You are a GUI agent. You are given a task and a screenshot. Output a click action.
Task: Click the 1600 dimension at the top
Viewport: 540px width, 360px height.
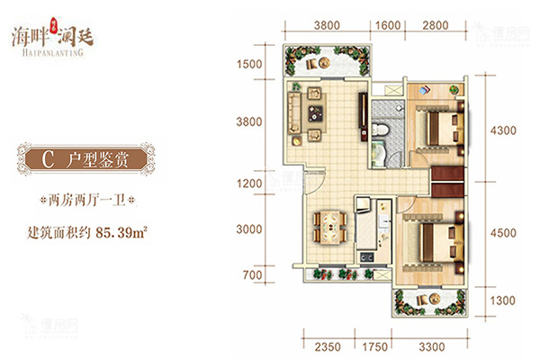coord(388,25)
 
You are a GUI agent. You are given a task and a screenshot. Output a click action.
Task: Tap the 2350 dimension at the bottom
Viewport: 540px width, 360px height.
coord(328,346)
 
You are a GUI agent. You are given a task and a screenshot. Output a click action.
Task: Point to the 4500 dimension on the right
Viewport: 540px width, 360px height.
coord(503,233)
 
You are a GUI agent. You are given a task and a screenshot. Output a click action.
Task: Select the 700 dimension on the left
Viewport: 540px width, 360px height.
coord(252,274)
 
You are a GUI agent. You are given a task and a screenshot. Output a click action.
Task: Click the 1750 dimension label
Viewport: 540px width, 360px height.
coord(374,346)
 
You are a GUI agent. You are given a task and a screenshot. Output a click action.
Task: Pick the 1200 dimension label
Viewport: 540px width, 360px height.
coord(249,184)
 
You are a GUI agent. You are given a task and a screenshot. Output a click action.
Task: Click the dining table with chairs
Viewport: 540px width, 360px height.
coord(330,228)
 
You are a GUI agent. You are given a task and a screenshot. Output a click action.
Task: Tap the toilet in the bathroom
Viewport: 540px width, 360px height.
coord(380,130)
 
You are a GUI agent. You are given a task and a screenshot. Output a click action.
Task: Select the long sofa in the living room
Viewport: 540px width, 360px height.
coord(293,113)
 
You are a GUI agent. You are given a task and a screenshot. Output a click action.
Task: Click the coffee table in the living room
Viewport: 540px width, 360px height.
coord(315,113)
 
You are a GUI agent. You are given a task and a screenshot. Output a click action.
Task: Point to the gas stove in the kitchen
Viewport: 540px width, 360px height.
coord(367,256)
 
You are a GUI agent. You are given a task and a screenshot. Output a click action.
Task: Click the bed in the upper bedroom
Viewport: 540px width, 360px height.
coord(441,129)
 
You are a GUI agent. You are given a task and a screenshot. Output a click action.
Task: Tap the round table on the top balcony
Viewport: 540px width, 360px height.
coord(324,63)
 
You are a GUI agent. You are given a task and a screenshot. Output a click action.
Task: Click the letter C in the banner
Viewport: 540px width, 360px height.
coord(48,159)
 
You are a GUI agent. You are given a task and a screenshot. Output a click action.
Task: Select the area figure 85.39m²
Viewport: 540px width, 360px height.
coord(121,233)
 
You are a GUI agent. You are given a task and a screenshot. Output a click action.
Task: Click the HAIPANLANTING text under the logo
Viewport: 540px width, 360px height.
coord(53,52)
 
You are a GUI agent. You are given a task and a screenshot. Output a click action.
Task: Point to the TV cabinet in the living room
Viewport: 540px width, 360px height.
coord(363,116)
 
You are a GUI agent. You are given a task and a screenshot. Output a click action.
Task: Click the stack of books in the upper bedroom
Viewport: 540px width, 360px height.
coord(424,90)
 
